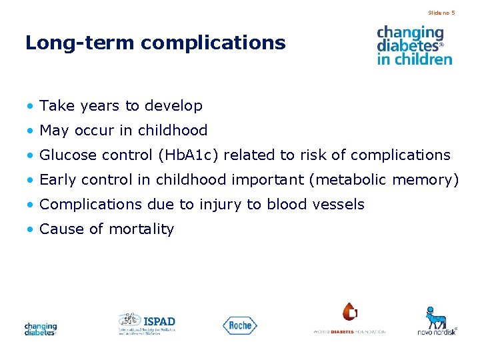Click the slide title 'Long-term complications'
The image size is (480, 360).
155,43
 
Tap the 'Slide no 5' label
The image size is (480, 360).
441,13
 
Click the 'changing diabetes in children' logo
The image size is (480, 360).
414,45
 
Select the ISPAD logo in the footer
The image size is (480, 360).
147,323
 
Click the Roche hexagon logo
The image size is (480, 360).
239,325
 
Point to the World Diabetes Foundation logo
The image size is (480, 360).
349,319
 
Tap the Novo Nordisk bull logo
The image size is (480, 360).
437,321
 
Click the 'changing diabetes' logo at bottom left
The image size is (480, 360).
41,329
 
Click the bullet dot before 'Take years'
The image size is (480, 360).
30,107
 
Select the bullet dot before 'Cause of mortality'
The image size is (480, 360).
30,230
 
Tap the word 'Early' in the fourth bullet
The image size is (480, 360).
57,180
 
